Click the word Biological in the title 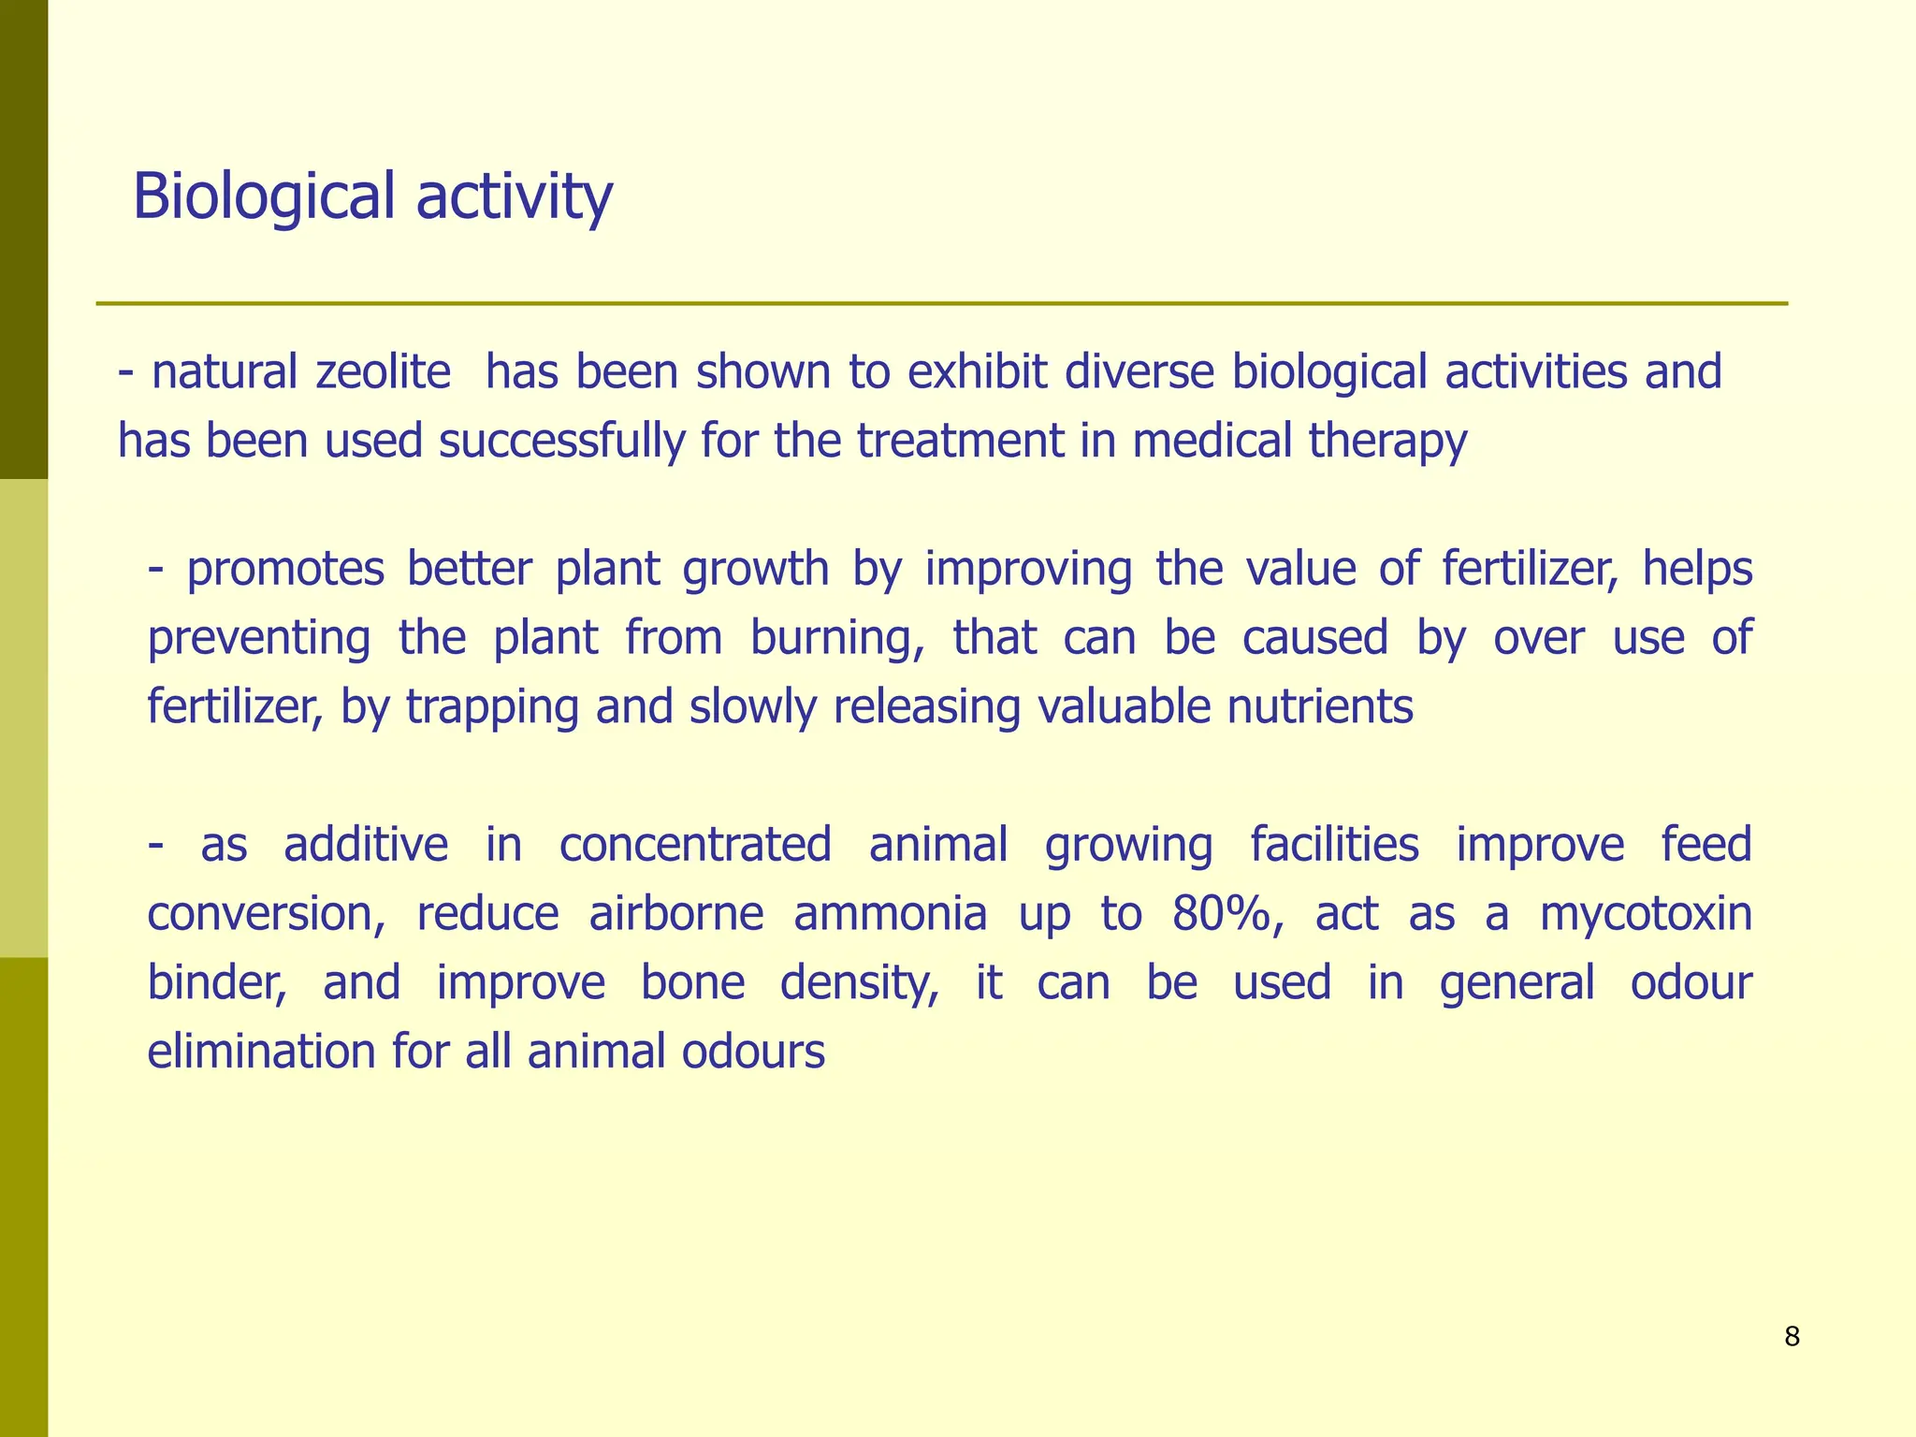264,196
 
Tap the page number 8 1792,1337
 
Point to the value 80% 1227,913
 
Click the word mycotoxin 1646,913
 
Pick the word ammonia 890,913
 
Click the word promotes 284,569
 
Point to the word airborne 676,913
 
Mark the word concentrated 695,844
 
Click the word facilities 1334,844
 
